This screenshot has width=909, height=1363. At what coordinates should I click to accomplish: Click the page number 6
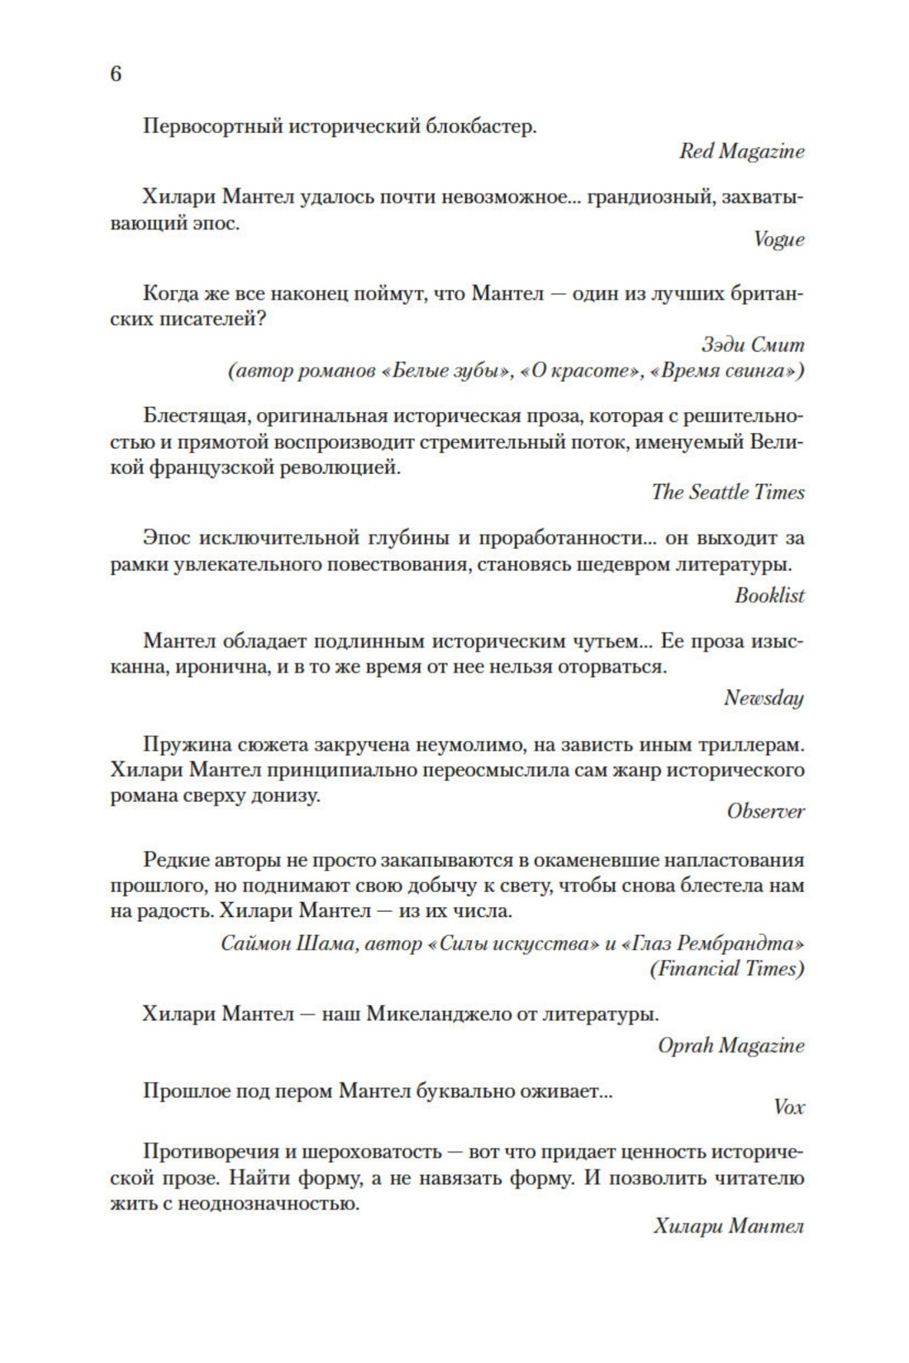pyautogui.click(x=116, y=74)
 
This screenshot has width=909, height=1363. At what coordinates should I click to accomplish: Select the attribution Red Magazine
pyautogui.click(x=741, y=152)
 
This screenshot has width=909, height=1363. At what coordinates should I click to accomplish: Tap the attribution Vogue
pyautogui.click(x=778, y=240)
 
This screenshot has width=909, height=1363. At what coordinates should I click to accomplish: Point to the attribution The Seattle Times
pyautogui.click(x=727, y=492)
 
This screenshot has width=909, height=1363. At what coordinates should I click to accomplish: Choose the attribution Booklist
pyautogui.click(x=769, y=596)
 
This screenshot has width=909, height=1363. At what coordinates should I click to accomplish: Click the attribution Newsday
pyautogui.click(x=764, y=698)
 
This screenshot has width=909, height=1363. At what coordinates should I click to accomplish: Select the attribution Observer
pyautogui.click(x=765, y=811)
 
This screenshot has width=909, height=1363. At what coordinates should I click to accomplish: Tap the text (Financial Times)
pyautogui.click(x=727, y=969)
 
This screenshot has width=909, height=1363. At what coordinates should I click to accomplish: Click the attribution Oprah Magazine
pyautogui.click(x=731, y=1046)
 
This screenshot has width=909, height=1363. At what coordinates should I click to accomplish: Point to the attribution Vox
pyautogui.click(x=788, y=1108)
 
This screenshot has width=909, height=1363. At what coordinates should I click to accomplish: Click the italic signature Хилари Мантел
pyautogui.click(x=728, y=1227)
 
